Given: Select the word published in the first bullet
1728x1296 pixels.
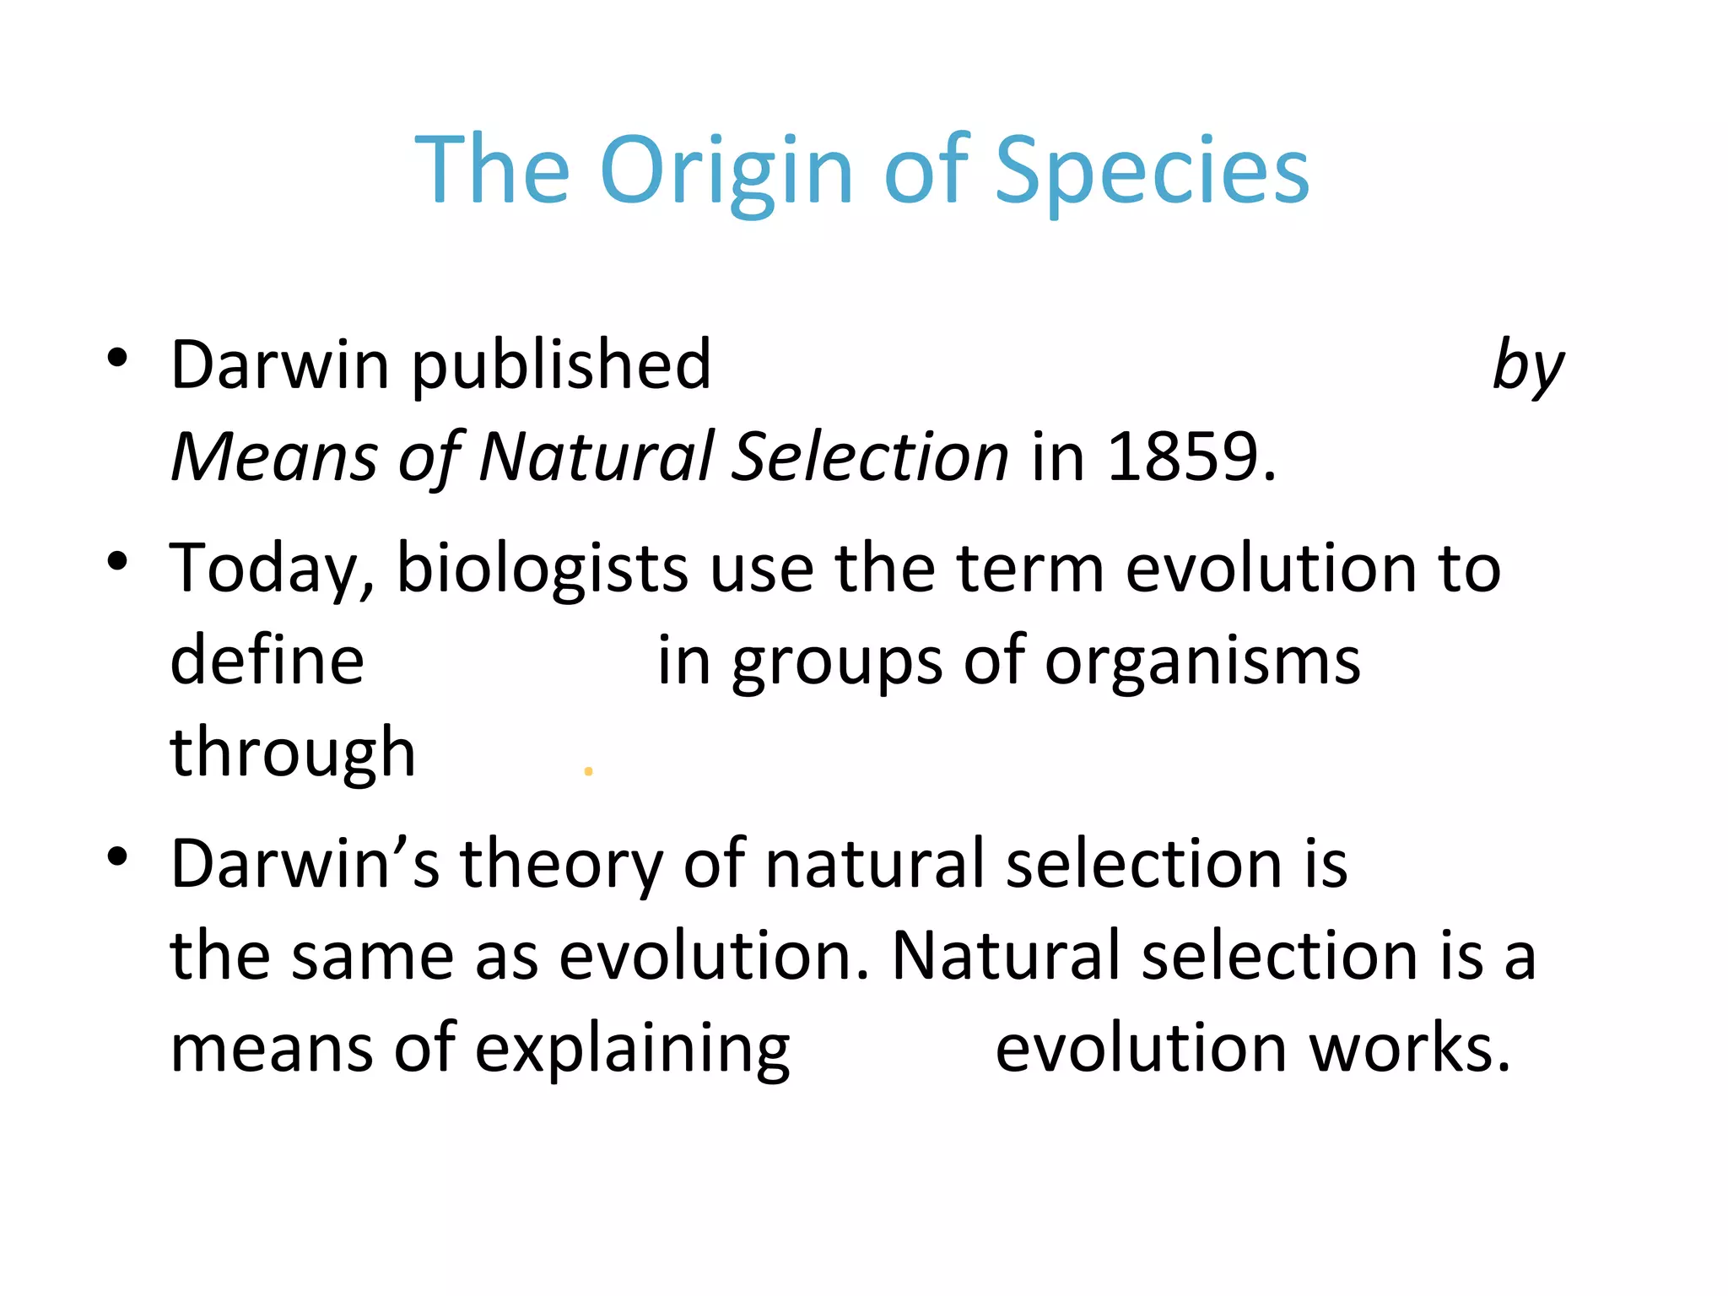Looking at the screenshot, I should tap(561, 365).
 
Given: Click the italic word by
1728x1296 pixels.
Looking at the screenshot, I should tap(1527, 367).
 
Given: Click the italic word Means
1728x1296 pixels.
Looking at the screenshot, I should tap(274, 456).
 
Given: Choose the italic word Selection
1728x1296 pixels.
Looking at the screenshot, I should tap(869, 456).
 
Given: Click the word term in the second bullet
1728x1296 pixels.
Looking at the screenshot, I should tap(1030, 569).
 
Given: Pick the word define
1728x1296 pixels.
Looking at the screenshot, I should tap(267, 660).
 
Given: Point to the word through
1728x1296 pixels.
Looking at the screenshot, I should tap(293, 753).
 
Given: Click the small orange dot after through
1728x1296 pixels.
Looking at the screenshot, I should tap(588, 771).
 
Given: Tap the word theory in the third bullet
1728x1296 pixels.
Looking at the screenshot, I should tap(561, 865).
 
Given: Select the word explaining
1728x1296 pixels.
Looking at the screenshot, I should tap(632, 1049).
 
